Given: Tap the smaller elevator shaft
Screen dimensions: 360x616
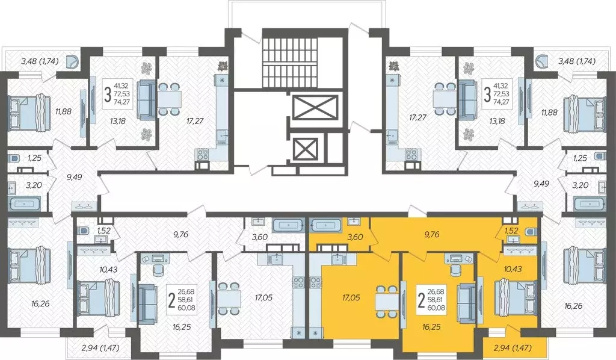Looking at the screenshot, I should coord(306,147).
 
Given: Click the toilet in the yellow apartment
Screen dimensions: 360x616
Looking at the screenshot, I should coord(529,232).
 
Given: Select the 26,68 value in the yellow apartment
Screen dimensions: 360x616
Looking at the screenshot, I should coord(438,290).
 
